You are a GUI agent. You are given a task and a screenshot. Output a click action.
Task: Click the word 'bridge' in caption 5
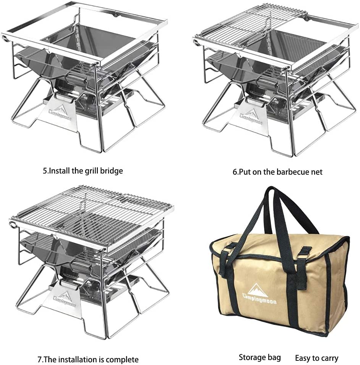coord(112,171)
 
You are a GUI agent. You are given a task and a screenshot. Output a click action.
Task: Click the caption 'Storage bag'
coord(260,357)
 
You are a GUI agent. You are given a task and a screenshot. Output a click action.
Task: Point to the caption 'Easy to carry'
coord(317,358)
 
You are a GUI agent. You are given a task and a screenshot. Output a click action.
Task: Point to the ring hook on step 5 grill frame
coord(5,38)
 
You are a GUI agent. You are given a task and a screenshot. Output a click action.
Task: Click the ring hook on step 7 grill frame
coord(12,225)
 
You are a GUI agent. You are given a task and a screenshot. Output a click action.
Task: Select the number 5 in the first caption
coord(45,171)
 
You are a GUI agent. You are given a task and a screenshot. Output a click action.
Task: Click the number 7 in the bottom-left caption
coord(39,360)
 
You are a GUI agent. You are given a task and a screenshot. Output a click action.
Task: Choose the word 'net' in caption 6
coord(317,172)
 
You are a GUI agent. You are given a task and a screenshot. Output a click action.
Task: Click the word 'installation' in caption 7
coord(76,360)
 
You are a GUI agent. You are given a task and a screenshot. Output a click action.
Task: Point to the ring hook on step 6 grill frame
coord(196,42)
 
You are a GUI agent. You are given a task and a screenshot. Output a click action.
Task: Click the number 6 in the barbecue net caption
coord(235,172)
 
